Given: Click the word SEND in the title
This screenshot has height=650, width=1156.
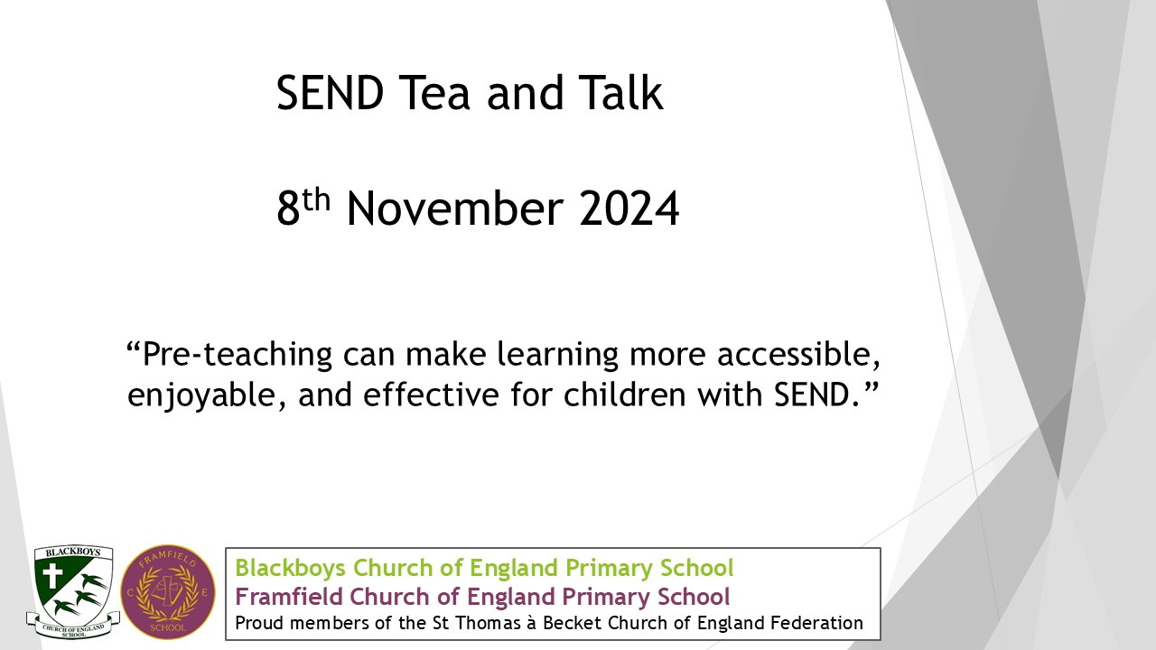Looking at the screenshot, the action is coord(331,93).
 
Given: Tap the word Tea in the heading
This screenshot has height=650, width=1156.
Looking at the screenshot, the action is coord(434,93).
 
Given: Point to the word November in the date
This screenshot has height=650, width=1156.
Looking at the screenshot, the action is coord(455,209).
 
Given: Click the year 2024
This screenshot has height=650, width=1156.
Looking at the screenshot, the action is coord(629,209).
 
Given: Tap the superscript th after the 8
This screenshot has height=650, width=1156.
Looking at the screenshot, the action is coord(316,200).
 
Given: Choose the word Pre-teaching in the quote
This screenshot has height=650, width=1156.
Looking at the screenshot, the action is coord(238,356).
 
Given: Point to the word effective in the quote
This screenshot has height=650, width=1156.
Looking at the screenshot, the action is coord(431,395).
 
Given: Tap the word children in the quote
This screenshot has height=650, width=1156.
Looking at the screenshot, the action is coord(624,395).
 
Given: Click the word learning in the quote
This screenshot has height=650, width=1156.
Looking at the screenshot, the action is coord(557,356).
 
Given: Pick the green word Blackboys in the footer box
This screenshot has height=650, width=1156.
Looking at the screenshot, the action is coord(290,568).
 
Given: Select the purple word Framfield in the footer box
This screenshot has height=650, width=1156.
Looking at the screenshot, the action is coord(289,597).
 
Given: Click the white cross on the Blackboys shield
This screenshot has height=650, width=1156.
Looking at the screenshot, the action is coord(52,575).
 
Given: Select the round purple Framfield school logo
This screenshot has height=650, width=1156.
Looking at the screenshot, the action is coord(168,592).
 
